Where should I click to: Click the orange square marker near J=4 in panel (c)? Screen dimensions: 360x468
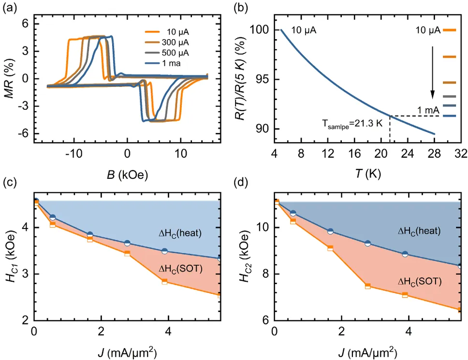(x=164, y=281)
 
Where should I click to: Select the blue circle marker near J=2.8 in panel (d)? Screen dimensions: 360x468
(x=367, y=244)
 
